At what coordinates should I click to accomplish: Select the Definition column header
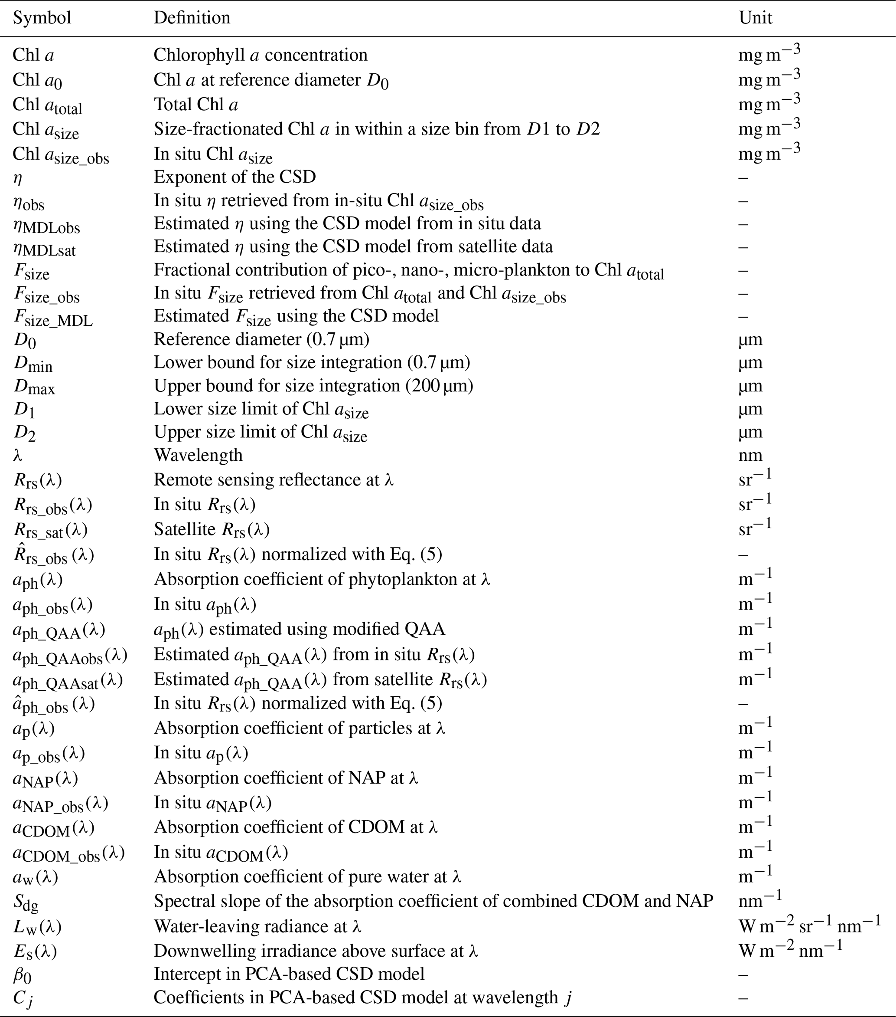point(192,18)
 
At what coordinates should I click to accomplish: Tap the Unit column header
point(755,18)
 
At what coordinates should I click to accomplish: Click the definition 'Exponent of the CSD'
point(234,177)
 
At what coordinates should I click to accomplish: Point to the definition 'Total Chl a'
point(195,105)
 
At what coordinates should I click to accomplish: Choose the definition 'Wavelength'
point(198,455)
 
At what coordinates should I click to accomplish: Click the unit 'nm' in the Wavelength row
point(750,455)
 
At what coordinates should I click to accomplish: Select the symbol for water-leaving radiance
point(37,926)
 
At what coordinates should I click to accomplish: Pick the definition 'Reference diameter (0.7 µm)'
point(261,339)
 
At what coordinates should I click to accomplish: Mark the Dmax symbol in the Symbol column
point(34,387)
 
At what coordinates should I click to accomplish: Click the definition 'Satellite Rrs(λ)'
point(212,529)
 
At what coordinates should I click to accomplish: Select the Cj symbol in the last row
point(23,997)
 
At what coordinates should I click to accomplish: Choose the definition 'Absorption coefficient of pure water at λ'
point(307,876)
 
